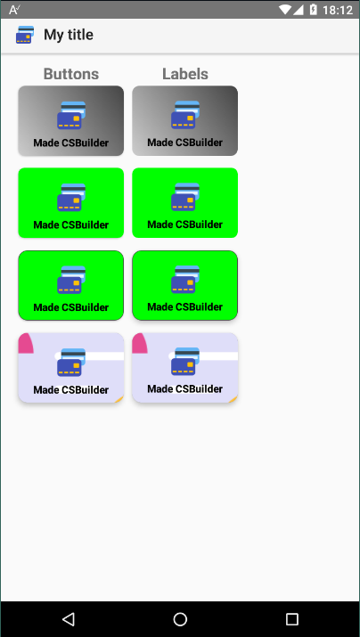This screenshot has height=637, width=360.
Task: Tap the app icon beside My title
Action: [25, 35]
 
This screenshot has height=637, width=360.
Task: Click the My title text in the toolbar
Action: [69, 35]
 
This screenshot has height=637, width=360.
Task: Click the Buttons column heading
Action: [71, 74]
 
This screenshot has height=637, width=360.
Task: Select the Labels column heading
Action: [185, 74]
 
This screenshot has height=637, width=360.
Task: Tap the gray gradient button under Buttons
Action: [71, 120]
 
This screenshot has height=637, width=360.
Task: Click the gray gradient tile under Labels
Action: [184, 120]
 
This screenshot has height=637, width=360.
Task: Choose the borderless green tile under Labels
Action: [184, 203]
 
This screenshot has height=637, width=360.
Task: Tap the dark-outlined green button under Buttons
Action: [71, 286]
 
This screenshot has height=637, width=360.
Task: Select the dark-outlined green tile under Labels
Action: [184, 286]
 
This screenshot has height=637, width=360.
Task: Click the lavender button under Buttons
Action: [71, 368]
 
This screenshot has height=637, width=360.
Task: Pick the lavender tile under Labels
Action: [184, 368]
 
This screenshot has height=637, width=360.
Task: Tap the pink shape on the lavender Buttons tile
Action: [26, 343]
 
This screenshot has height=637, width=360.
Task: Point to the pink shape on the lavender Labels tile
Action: [139, 343]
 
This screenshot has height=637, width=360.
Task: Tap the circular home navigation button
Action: [180, 619]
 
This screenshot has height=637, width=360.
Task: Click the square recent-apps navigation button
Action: [291, 619]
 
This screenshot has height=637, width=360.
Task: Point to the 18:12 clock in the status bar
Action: [337, 10]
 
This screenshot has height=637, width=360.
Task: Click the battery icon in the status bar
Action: [314, 9]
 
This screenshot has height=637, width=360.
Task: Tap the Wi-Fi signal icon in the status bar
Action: [286, 9]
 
